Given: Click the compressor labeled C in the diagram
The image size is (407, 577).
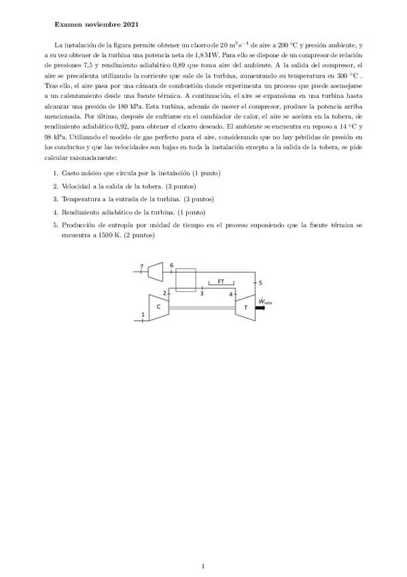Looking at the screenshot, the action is click(158, 306).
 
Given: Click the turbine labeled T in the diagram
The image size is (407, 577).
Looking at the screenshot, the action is click(243, 306).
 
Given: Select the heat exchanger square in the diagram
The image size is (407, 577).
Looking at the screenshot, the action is click(185, 280).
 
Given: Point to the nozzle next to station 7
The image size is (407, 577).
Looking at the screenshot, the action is click(154, 271).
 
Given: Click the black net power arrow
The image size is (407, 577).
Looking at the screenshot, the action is click(260, 307).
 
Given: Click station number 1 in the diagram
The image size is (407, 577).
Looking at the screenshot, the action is click(142, 314).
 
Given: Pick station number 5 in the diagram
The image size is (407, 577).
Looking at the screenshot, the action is click(260, 281).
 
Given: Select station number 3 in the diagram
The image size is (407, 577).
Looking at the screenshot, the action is click(201, 294).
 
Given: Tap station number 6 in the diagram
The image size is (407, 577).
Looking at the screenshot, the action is click(171, 265).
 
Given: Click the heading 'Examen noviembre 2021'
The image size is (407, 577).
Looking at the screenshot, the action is click(96, 25).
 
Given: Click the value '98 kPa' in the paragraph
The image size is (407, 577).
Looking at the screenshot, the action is click(63, 135).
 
